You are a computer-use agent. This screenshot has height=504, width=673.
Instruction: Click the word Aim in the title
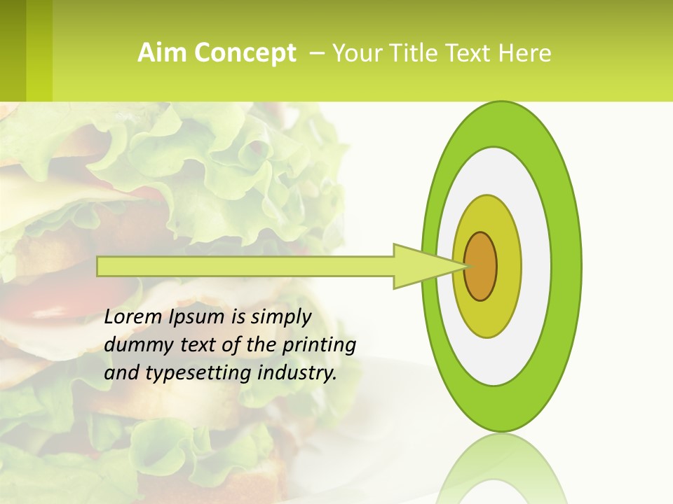click(163, 53)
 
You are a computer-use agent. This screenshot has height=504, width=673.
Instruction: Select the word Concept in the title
click(245, 53)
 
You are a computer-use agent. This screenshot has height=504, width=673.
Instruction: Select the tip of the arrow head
click(468, 266)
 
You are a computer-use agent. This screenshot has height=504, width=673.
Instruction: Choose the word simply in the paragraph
click(280, 318)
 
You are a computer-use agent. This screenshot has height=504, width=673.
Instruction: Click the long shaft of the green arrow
click(245, 267)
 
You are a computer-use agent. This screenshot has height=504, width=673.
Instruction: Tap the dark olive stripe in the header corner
click(13, 50)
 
